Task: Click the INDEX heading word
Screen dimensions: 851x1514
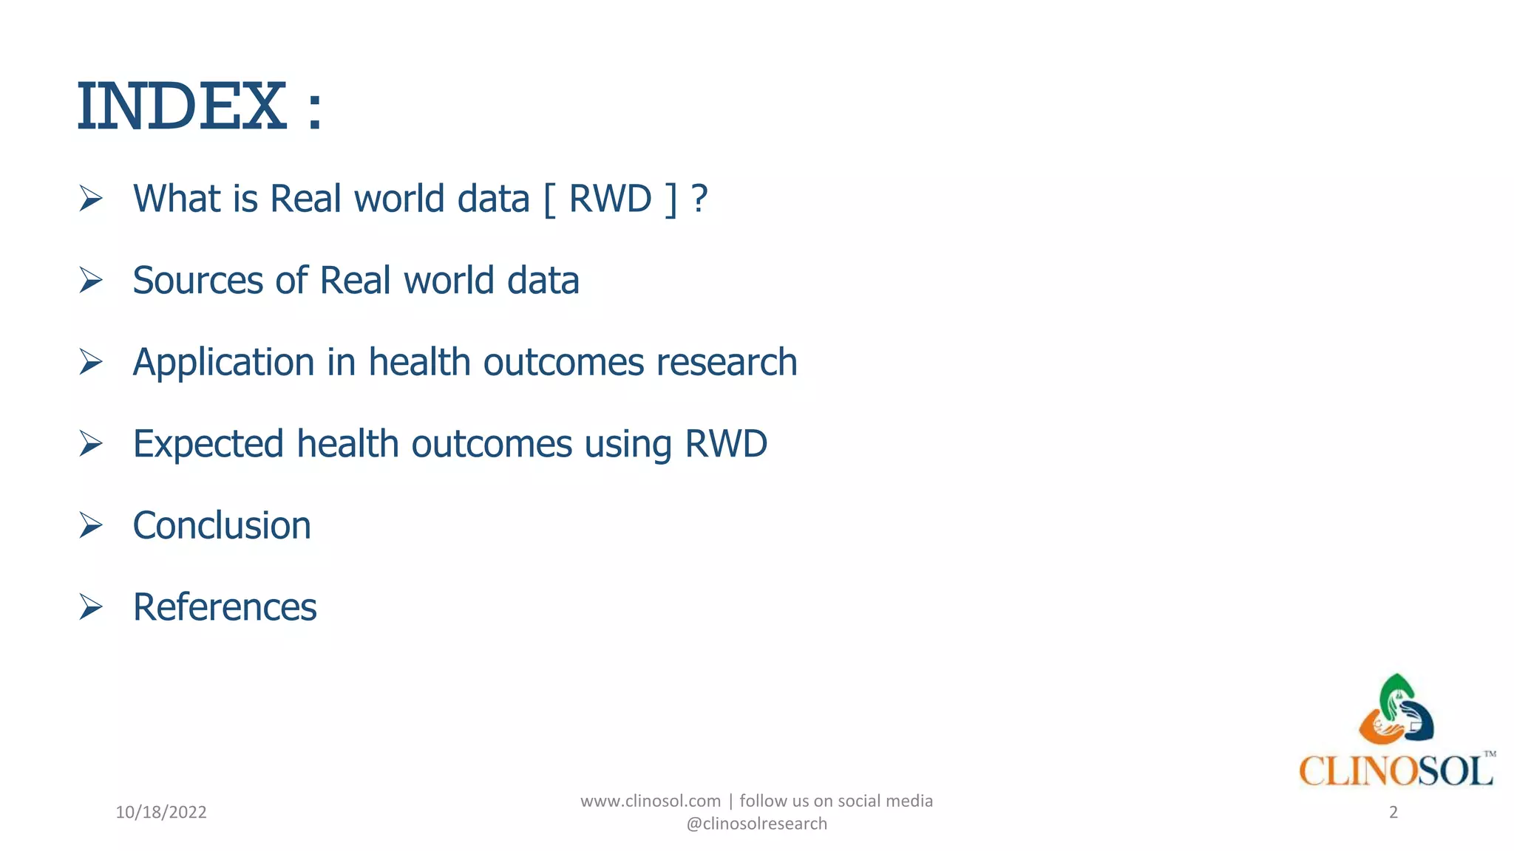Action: coord(181,107)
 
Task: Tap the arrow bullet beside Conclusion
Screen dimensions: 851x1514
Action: coord(91,525)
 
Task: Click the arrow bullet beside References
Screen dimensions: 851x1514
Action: coord(91,606)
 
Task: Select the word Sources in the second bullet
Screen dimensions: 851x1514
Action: coord(197,281)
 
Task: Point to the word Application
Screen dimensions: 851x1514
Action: coord(223,363)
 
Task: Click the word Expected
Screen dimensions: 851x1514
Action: coord(208,445)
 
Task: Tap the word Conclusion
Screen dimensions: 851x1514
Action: coord(222,526)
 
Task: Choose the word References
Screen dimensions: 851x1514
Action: coord(225,607)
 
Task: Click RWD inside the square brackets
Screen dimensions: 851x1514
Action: coord(610,199)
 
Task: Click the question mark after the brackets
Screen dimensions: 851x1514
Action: coord(699,199)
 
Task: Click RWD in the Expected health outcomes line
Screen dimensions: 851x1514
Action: coord(726,444)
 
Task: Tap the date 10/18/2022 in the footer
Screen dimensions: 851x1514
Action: coord(161,813)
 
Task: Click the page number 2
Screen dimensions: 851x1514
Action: coord(1394,813)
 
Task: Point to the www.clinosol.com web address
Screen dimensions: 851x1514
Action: coord(651,801)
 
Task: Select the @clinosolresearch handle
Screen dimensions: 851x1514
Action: coord(757,824)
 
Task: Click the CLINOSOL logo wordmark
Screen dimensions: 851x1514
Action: coord(1396,771)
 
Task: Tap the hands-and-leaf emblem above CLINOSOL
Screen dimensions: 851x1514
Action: coord(1396,711)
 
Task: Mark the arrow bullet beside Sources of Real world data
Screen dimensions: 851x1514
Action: coord(91,281)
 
